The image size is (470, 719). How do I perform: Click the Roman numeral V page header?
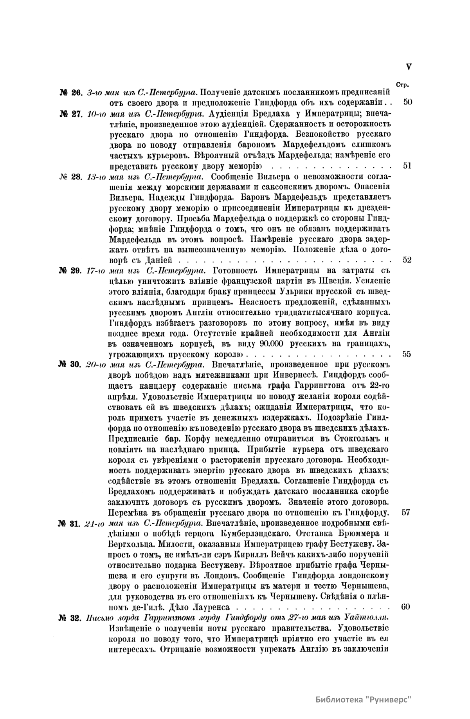click(x=409, y=67)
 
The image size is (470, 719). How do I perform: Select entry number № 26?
click(x=70, y=93)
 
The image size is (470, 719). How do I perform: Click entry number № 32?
click(x=70, y=618)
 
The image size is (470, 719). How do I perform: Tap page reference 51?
click(x=407, y=166)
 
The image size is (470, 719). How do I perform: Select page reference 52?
click(x=407, y=260)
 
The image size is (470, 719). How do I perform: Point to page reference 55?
click(x=407, y=355)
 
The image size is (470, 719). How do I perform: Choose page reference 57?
click(x=406, y=512)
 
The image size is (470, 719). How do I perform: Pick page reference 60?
click(x=406, y=607)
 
